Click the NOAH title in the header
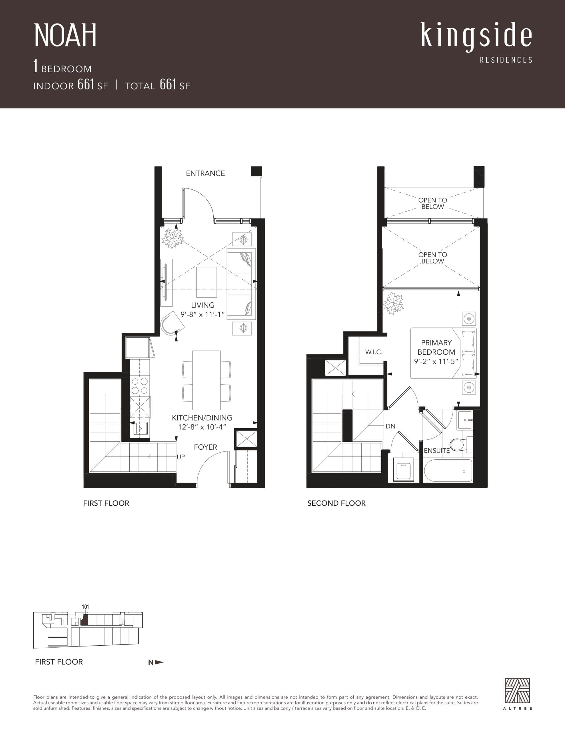point(65,35)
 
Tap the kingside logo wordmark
point(476,36)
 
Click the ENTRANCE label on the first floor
point(205,173)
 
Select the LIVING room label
point(203,305)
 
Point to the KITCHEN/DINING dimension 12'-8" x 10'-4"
point(202,427)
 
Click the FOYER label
point(205,447)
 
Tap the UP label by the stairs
point(181,457)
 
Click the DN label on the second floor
point(390,426)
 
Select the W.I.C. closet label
point(373,352)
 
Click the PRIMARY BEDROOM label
point(436,348)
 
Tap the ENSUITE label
point(436,451)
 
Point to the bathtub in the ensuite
point(448,471)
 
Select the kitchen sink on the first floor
point(141,428)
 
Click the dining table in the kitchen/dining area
point(206,380)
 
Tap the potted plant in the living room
point(173,238)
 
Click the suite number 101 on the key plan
point(85,607)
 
